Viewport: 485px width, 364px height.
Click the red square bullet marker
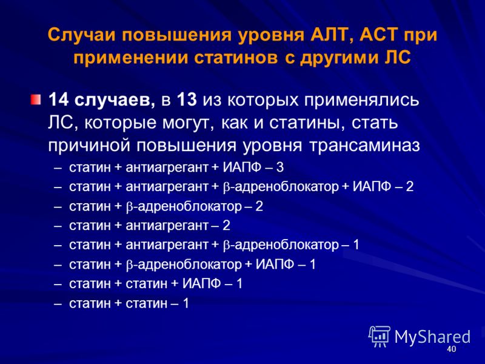[x=36, y=99]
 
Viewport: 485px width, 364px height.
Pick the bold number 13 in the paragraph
[x=187, y=100]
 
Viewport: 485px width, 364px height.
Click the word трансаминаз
[x=365, y=146]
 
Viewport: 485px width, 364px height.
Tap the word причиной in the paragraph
[x=90, y=146]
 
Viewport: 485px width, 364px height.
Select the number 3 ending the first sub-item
[x=279, y=167]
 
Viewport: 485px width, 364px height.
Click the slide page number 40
[x=451, y=349]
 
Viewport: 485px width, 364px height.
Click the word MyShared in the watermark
[x=432, y=337]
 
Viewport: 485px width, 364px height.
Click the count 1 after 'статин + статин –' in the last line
[x=186, y=303]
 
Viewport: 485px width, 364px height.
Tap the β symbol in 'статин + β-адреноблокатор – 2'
[x=129, y=207]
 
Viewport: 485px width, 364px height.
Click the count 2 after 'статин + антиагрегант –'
[x=226, y=225]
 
